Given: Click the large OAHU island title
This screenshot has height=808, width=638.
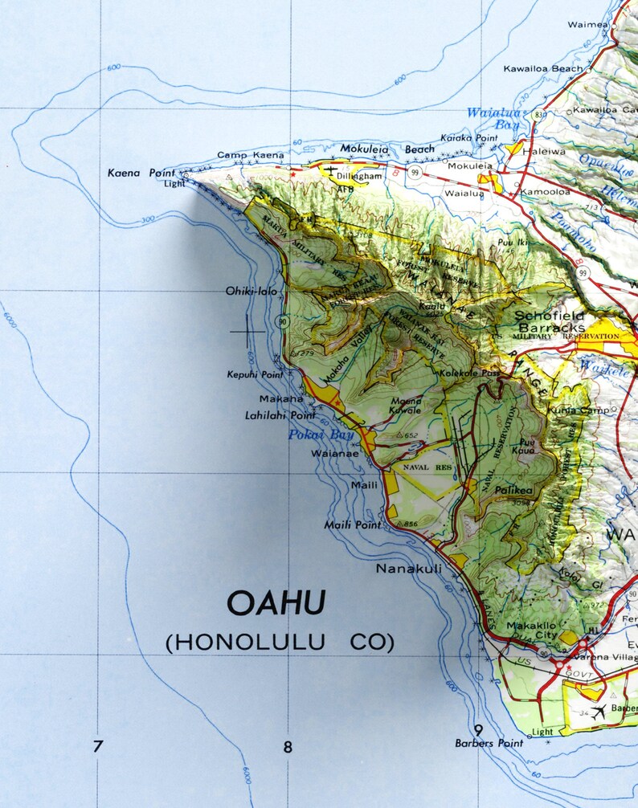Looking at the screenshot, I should [x=276, y=603].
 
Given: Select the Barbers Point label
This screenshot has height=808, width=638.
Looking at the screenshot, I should [x=489, y=744].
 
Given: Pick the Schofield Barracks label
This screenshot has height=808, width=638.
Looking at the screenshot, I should [x=550, y=322].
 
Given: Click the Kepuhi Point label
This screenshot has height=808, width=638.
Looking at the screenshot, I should [x=255, y=375].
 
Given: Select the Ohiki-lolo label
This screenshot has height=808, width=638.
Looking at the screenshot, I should [x=251, y=291].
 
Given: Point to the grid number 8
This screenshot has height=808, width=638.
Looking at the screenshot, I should [x=288, y=748].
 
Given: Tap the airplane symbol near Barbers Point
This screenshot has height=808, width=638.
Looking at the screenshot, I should [x=599, y=711].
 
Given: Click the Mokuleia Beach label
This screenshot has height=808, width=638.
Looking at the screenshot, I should [x=386, y=149].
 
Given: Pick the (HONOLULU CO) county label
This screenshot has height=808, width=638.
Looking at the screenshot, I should [x=280, y=643].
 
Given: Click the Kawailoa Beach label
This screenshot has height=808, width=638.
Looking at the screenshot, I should [x=543, y=69].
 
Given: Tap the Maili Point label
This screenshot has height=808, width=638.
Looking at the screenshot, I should [x=353, y=524].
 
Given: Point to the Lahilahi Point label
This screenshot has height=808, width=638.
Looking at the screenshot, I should [x=280, y=415].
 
